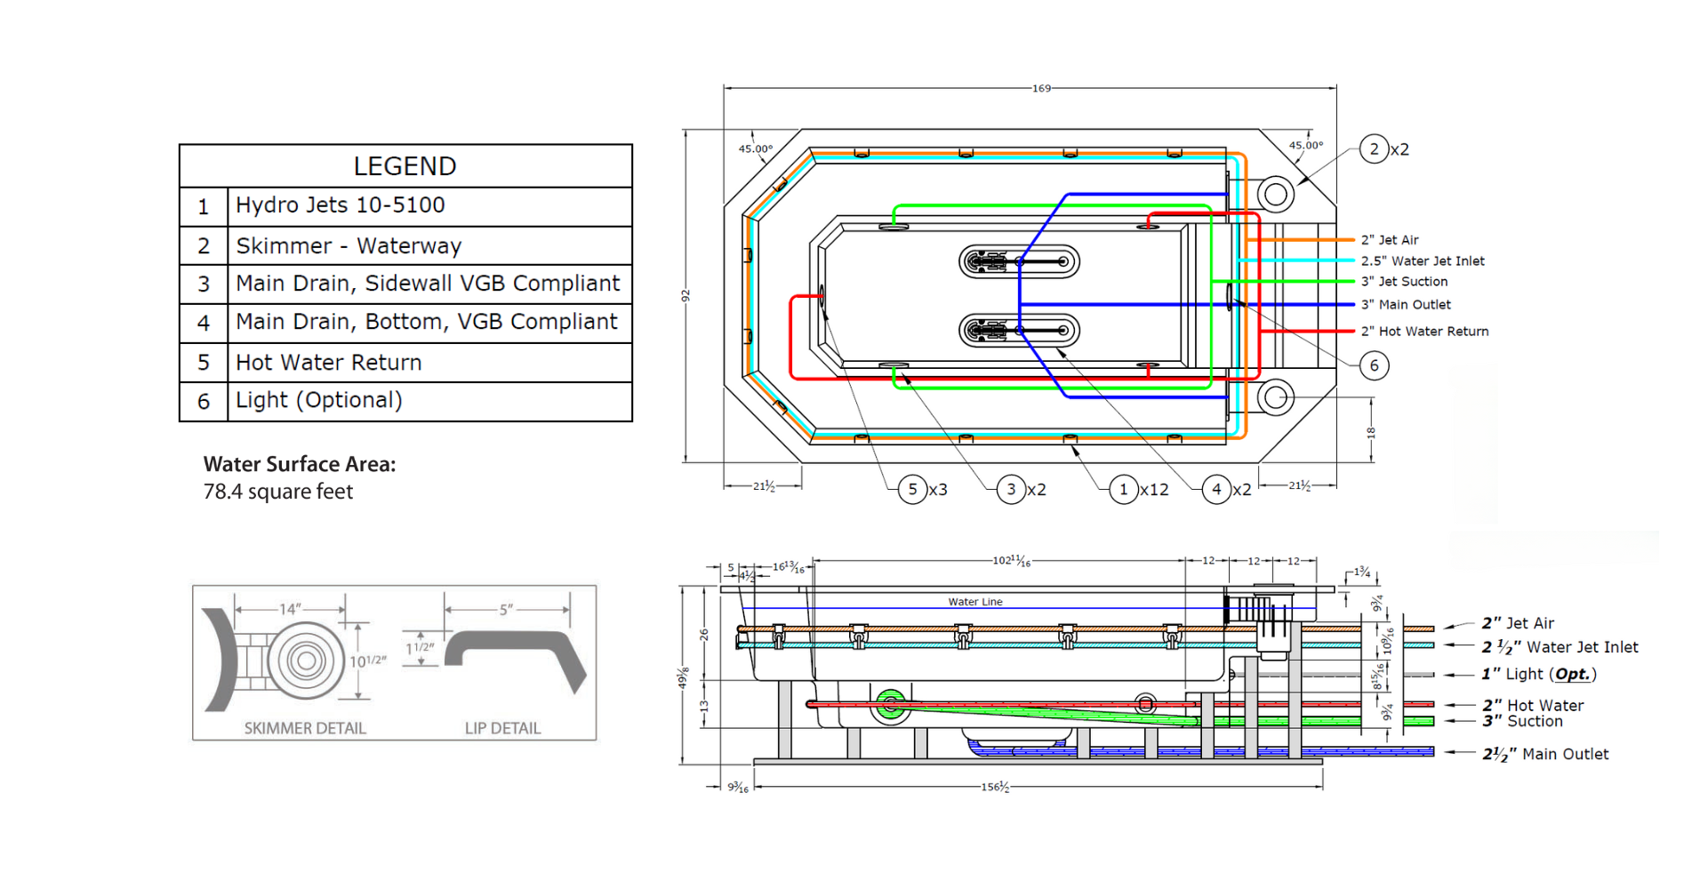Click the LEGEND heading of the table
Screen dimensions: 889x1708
tap(405, 166)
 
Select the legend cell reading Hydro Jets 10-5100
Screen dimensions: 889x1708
tap(341, 205)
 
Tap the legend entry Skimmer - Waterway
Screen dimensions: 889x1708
tap(349, 245)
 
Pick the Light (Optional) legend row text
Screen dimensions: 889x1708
tap(319, 400)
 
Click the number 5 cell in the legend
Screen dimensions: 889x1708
tap(204, 363)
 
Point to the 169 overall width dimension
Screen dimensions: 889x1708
tap(1041, 88)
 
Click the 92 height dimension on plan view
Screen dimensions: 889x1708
tap(686, 295)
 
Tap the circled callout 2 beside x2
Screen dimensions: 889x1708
tap(1374, 149)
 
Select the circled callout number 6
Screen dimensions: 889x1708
tap(1374, 365)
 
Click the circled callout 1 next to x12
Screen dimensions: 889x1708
tap(1124, 489)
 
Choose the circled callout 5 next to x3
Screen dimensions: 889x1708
tap(912, 489)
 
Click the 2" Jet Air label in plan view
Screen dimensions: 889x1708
tap(1390, 240)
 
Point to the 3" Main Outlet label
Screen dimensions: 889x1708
tap(1406, 305)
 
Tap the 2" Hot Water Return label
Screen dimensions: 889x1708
tap(1424, 332)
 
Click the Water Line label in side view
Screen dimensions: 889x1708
tap(974, 602)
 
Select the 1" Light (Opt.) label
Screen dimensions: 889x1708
tap(1539, 674)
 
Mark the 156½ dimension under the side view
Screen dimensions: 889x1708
tap(995, 787)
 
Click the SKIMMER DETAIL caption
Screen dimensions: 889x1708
tap(305, 728)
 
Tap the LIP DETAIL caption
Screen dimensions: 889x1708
tap(502, 728)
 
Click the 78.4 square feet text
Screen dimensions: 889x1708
tap(278, 492)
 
